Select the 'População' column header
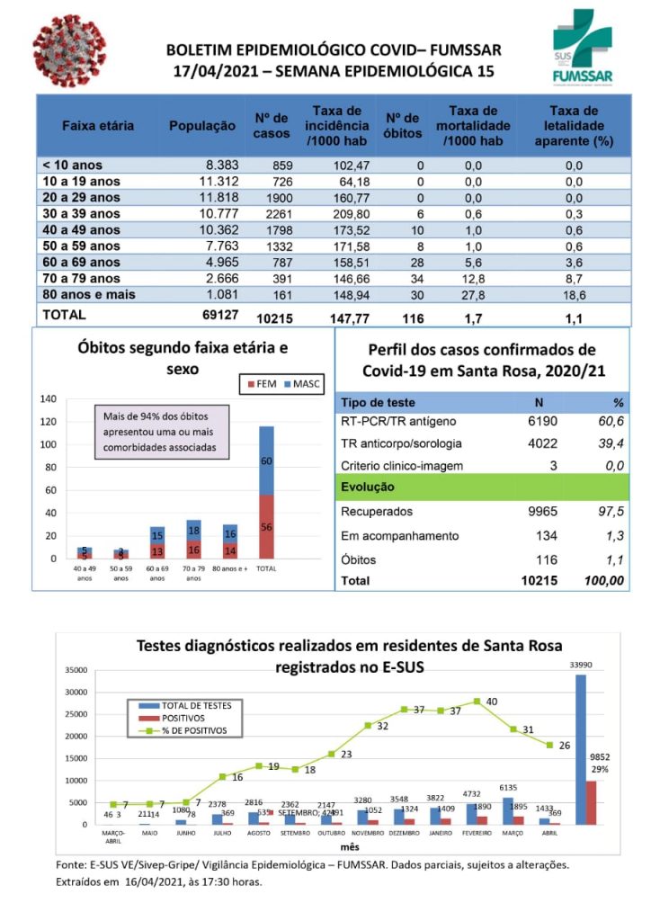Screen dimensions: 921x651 [x=202, y=126]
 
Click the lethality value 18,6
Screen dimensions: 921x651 [x=574, y=294]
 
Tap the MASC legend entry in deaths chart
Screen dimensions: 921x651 [x=303, y=383]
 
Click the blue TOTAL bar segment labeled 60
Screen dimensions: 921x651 [x=266, y=460]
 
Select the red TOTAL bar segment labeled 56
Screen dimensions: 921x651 [x=266, y=526]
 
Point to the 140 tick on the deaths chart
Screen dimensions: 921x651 [x=50, y=398]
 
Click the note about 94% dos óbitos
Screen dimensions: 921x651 [x=161, y=432]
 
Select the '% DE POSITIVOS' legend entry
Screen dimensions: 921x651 [x=193, y=730]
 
